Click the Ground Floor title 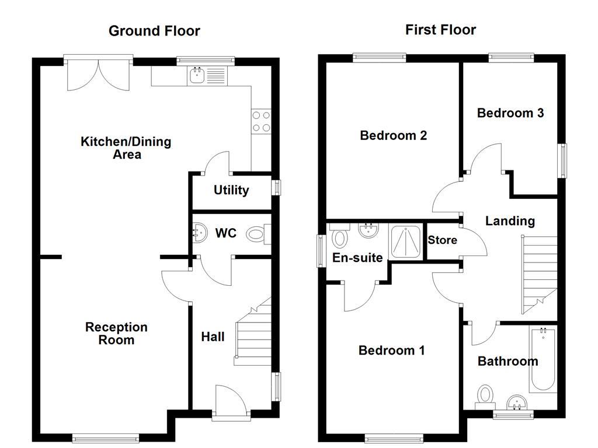point(154,31)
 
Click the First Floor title point(440,30)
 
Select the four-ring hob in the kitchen point(261,121)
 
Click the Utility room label point(231,190)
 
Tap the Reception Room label point(116,333)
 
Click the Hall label point(213,337)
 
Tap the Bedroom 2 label point(393,135)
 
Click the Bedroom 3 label point(510,113)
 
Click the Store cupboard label point(442,240)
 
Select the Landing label point(510,220)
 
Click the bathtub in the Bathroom point(543,359)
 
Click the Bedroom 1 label point(391,350)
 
